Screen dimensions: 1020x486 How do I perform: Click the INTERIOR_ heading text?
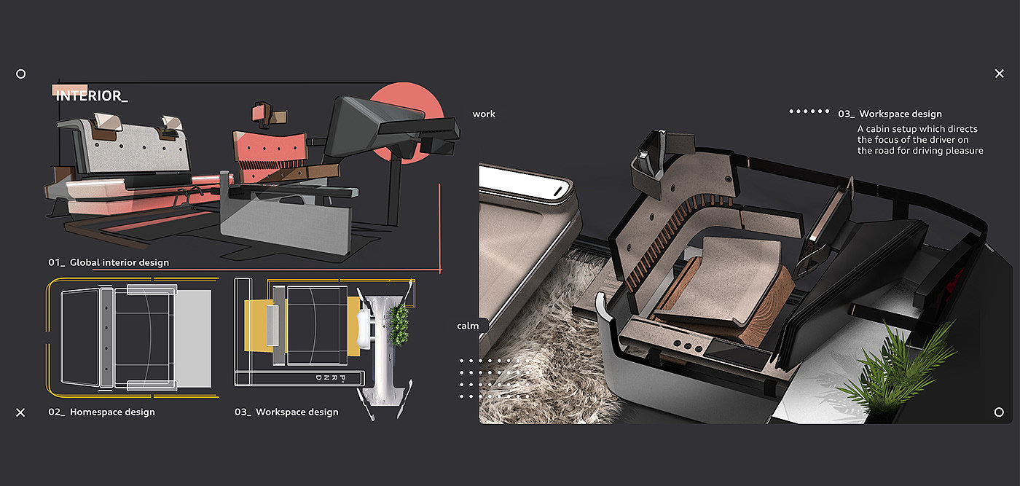pyautogui.click(x=92, y=95)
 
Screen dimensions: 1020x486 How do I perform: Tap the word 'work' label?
pyautogui.click(x=484, y=114)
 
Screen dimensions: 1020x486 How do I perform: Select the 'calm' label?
pyautogui.click(x=468, y=326)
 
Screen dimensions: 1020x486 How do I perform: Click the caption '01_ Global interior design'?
pyautogui.click(x=109, y=262)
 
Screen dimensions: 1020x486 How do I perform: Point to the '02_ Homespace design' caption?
pyautogui.click(x=101, y=412)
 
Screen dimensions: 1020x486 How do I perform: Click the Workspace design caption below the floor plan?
pyautogui.click(x=286, y=412)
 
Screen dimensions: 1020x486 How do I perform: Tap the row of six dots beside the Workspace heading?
pyautogui.click(x=809, y=111)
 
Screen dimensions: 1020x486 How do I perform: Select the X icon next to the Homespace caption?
pyautogui.click(x=20, y=412)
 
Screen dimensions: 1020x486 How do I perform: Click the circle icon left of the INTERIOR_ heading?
pyautogui.click(x=21, y=74)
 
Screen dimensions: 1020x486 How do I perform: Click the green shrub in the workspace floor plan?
pyautogui.click(x=399, y=324)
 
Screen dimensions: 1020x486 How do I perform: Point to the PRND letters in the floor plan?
pyautogui.click(x=331, y=378)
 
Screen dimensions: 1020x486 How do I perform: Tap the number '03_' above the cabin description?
pyautogui.click(x=847, y=114)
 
